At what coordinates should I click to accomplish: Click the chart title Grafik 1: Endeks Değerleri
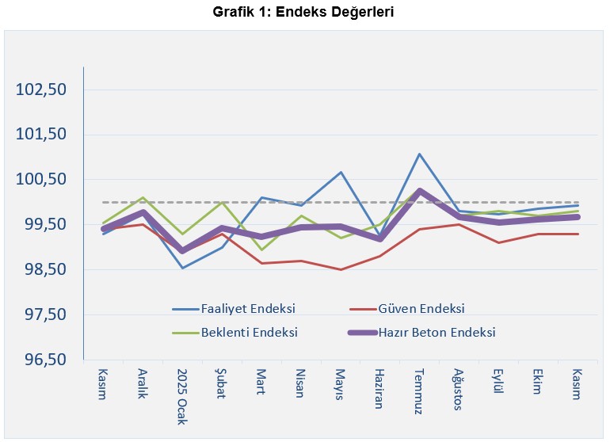click(305, 12)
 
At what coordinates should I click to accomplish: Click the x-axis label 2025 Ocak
click(183, 396)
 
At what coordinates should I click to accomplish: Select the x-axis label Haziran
click(379, 387)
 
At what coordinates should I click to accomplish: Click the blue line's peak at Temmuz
click(419, 154)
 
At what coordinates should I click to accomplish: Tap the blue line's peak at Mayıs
click(341, 172)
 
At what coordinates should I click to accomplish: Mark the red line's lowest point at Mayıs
click(341, 269)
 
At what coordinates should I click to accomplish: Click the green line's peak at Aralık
click(143, 197)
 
